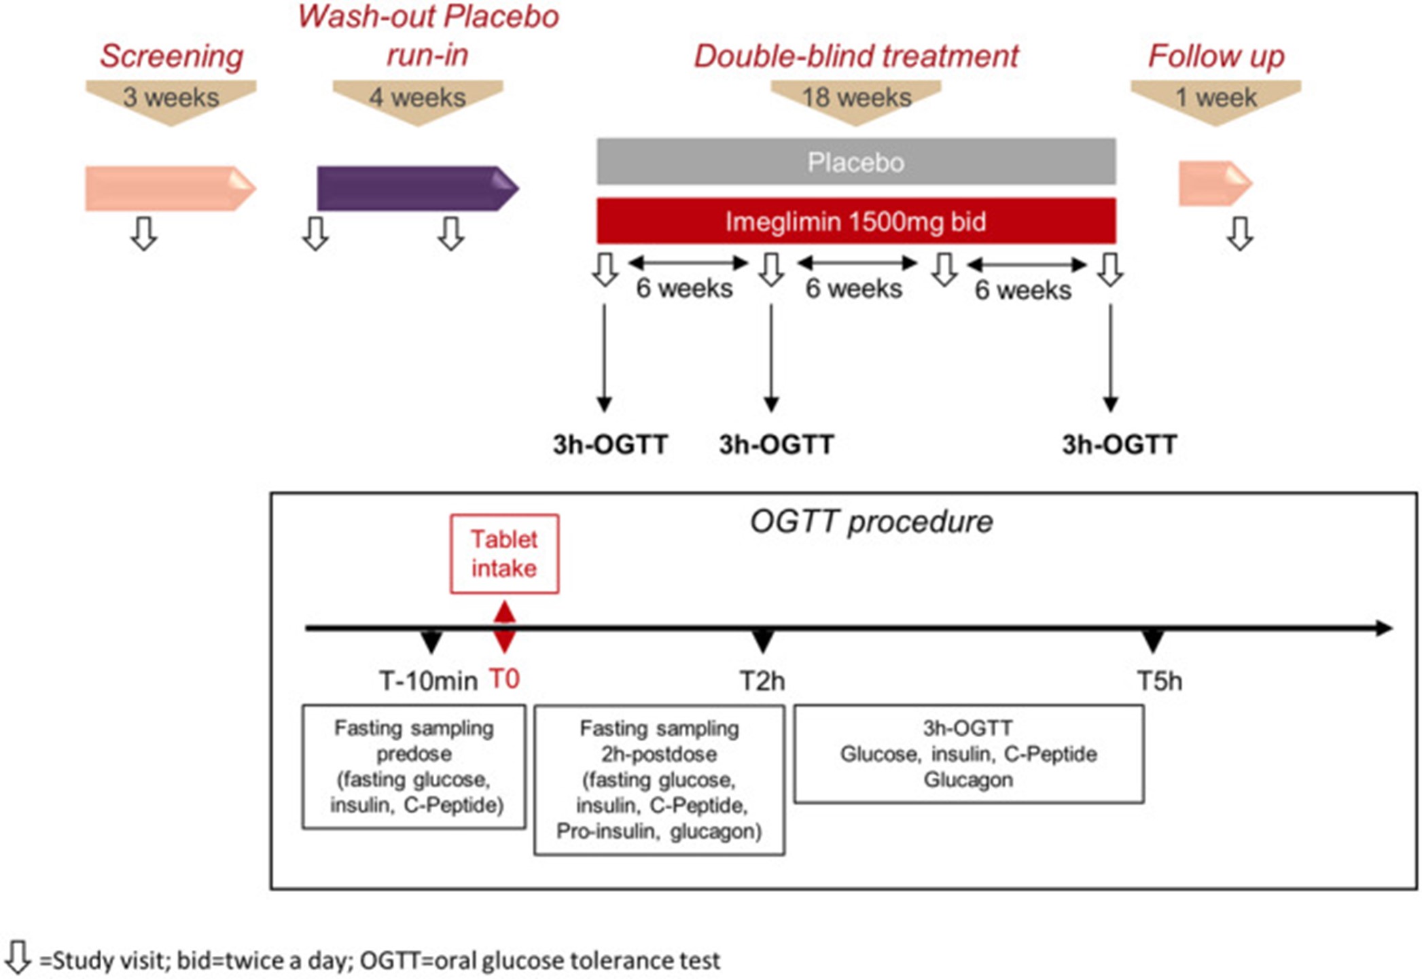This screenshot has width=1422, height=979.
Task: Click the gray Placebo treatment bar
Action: click(856, 162)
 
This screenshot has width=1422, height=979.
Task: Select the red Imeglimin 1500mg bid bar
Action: click(856, 221)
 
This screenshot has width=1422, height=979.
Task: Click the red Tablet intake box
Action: click(504, 554)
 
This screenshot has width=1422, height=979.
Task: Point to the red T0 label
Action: click(504, 679)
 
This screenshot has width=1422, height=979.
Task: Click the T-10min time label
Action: click(428, 681)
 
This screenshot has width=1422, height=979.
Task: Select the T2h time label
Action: click(762, 681)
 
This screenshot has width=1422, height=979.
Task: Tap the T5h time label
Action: click(1160, 681)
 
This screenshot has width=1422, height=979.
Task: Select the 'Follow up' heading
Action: click(1216, 56)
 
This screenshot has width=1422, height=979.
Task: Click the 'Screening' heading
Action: click(171, 57)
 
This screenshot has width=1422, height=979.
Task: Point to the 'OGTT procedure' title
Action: click(871, 522)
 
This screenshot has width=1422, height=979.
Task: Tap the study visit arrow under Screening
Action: click(143, 234)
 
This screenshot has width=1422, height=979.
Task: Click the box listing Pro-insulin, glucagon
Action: click(659, 780)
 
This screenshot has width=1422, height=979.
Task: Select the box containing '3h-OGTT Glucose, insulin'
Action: click(969, 754)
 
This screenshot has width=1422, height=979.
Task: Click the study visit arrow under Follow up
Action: click(1240, 234)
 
